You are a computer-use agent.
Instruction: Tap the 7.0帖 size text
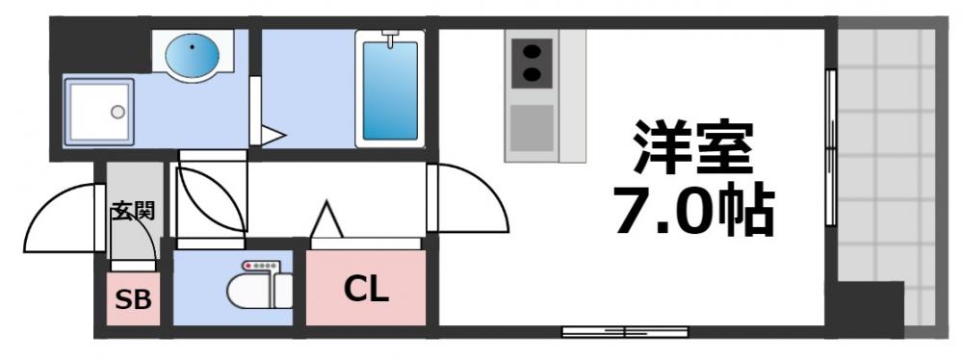coord(693,212)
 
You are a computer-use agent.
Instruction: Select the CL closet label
coord(366,288)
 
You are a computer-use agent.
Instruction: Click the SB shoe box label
coord(133,299)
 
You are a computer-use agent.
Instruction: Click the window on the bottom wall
coord(626,332)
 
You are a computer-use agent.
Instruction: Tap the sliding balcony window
coord(829,149)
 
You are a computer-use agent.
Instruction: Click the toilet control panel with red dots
coord(259,266)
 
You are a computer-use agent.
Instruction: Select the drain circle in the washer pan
coord(117,112)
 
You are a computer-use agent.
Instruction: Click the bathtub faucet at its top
coord(390,39)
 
